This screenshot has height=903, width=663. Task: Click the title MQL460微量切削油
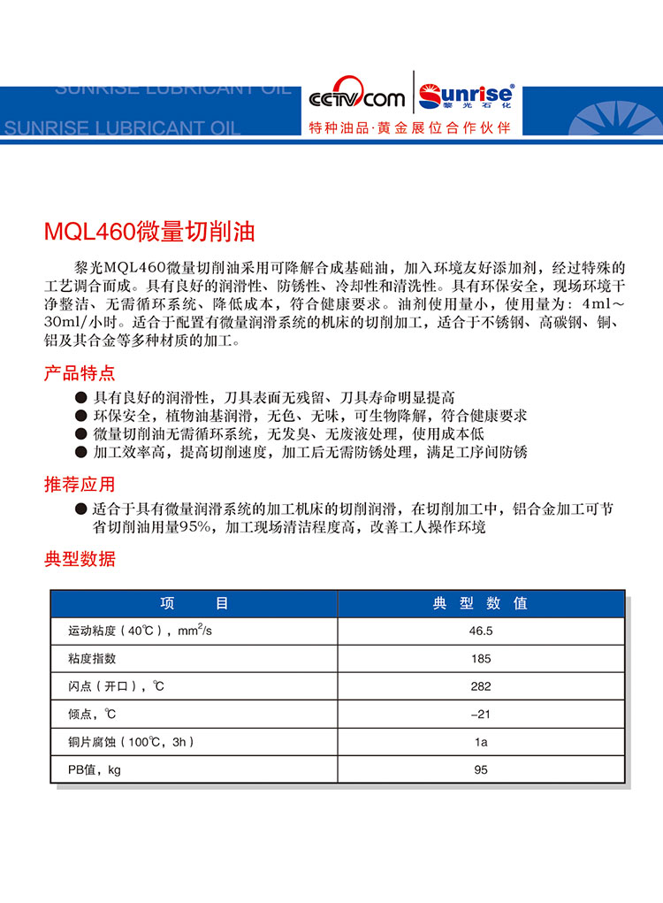pos(149,233)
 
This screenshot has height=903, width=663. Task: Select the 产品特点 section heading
pos(80,373)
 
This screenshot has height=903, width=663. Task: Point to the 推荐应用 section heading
pos(80,485)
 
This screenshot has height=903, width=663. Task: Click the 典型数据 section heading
pos(80,559)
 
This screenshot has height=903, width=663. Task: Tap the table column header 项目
pos(194,603)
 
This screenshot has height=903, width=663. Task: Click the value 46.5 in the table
pos(481,631)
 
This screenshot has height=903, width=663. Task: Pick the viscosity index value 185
pos(481,659)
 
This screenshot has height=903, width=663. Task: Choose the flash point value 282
pos(481,686)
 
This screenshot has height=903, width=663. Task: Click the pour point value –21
pos(481,714)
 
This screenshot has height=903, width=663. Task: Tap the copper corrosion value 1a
pos(481,742)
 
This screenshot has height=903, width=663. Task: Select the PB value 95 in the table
pos(481,769)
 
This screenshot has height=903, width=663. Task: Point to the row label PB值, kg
pos(94,769)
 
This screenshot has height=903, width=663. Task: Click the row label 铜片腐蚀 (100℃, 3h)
pos(130,742)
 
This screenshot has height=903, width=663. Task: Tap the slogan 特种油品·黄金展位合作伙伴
pos(410,127)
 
